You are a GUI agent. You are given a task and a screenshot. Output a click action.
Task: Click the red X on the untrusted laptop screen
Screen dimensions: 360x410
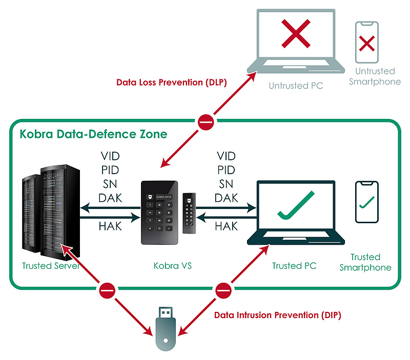click(296, 35)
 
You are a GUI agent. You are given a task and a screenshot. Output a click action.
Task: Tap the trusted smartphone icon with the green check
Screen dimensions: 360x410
click(367, 202)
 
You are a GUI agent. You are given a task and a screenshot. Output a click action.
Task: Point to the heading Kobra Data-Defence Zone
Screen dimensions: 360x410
click(93, 135)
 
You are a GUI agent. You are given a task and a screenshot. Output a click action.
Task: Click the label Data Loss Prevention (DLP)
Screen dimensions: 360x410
click(172, 82)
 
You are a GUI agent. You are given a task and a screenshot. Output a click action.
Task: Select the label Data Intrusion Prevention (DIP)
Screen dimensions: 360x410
click(277, 315)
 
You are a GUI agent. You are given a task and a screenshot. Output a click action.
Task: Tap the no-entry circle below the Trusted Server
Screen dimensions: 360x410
click(106, 291)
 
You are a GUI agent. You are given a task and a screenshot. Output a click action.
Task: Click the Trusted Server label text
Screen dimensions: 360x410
click(50, 266)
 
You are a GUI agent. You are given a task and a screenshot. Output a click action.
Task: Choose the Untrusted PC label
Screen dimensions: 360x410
click(296, 86)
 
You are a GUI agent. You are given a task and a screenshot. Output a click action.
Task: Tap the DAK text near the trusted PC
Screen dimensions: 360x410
click(226, 197)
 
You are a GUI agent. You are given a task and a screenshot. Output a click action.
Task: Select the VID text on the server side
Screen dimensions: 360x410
click(110, 156)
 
